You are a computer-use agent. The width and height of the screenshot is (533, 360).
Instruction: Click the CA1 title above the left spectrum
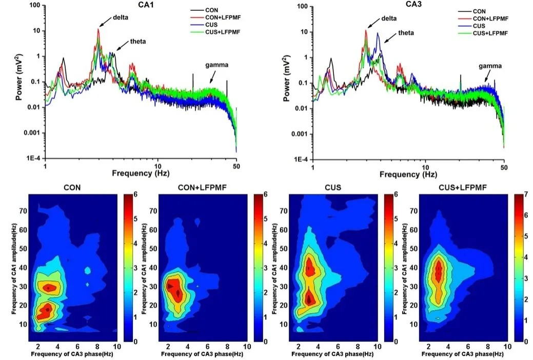click(x=141, y=5)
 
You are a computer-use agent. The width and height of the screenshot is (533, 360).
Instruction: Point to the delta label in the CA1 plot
click(x=122, y=17)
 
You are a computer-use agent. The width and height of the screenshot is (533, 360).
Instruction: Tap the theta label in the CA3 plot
click(x=406, y=33)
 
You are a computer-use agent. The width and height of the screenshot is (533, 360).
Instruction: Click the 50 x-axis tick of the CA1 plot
click(x=236, y=167)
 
